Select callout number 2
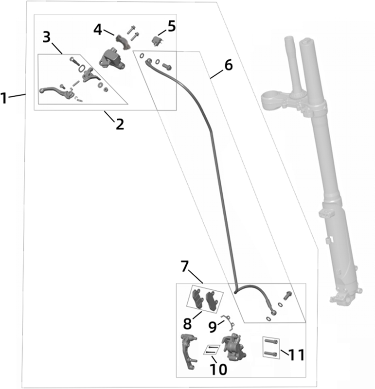coord(120,124)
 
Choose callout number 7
coord(185,266)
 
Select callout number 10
coord(219,369)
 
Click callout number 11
coord(297,355)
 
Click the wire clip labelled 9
coord(227,321)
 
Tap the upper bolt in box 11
coord(271,343)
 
